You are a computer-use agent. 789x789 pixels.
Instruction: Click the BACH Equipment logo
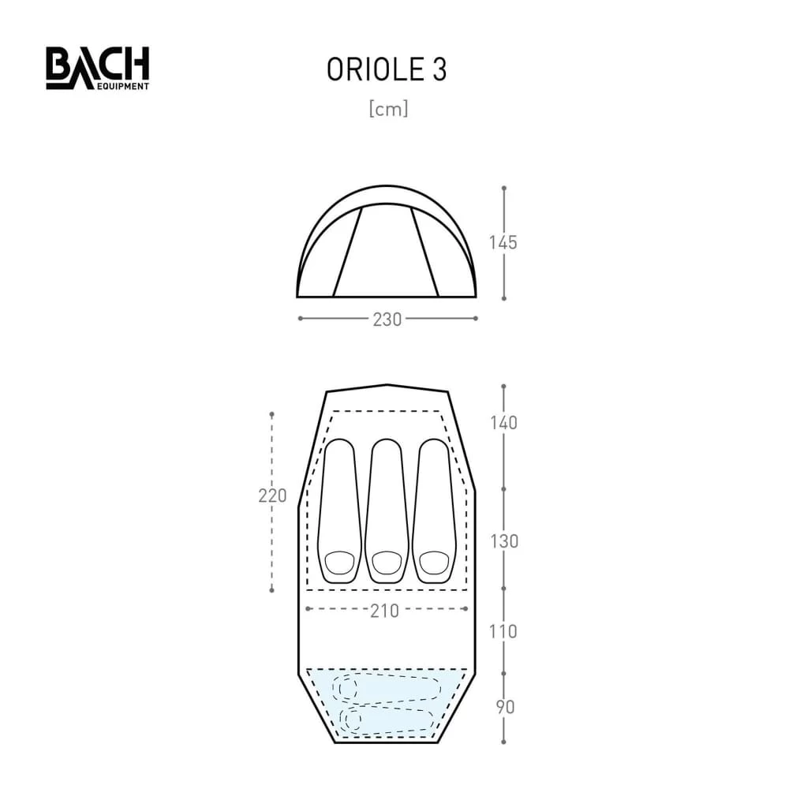[97, 68]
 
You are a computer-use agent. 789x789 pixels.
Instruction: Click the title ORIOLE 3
[387, 70]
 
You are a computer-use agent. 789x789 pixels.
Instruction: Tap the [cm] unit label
[388, 110]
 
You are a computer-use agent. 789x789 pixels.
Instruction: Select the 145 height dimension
[503, 242]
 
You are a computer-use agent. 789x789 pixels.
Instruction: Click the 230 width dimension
[387, 319]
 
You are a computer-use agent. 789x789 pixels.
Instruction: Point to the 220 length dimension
[272, 496]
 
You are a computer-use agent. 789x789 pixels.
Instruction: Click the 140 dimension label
[503, 423]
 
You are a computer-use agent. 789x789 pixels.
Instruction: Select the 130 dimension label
[503, 541]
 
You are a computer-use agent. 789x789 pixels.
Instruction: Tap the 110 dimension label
[503, 631]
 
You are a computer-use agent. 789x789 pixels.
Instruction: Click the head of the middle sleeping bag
[387, 563]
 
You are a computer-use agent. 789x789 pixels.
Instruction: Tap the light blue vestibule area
[387, 702]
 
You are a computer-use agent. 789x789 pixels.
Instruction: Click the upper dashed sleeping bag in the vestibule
[387, 687]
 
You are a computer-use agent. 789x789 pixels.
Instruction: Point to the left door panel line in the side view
[347, 252]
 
